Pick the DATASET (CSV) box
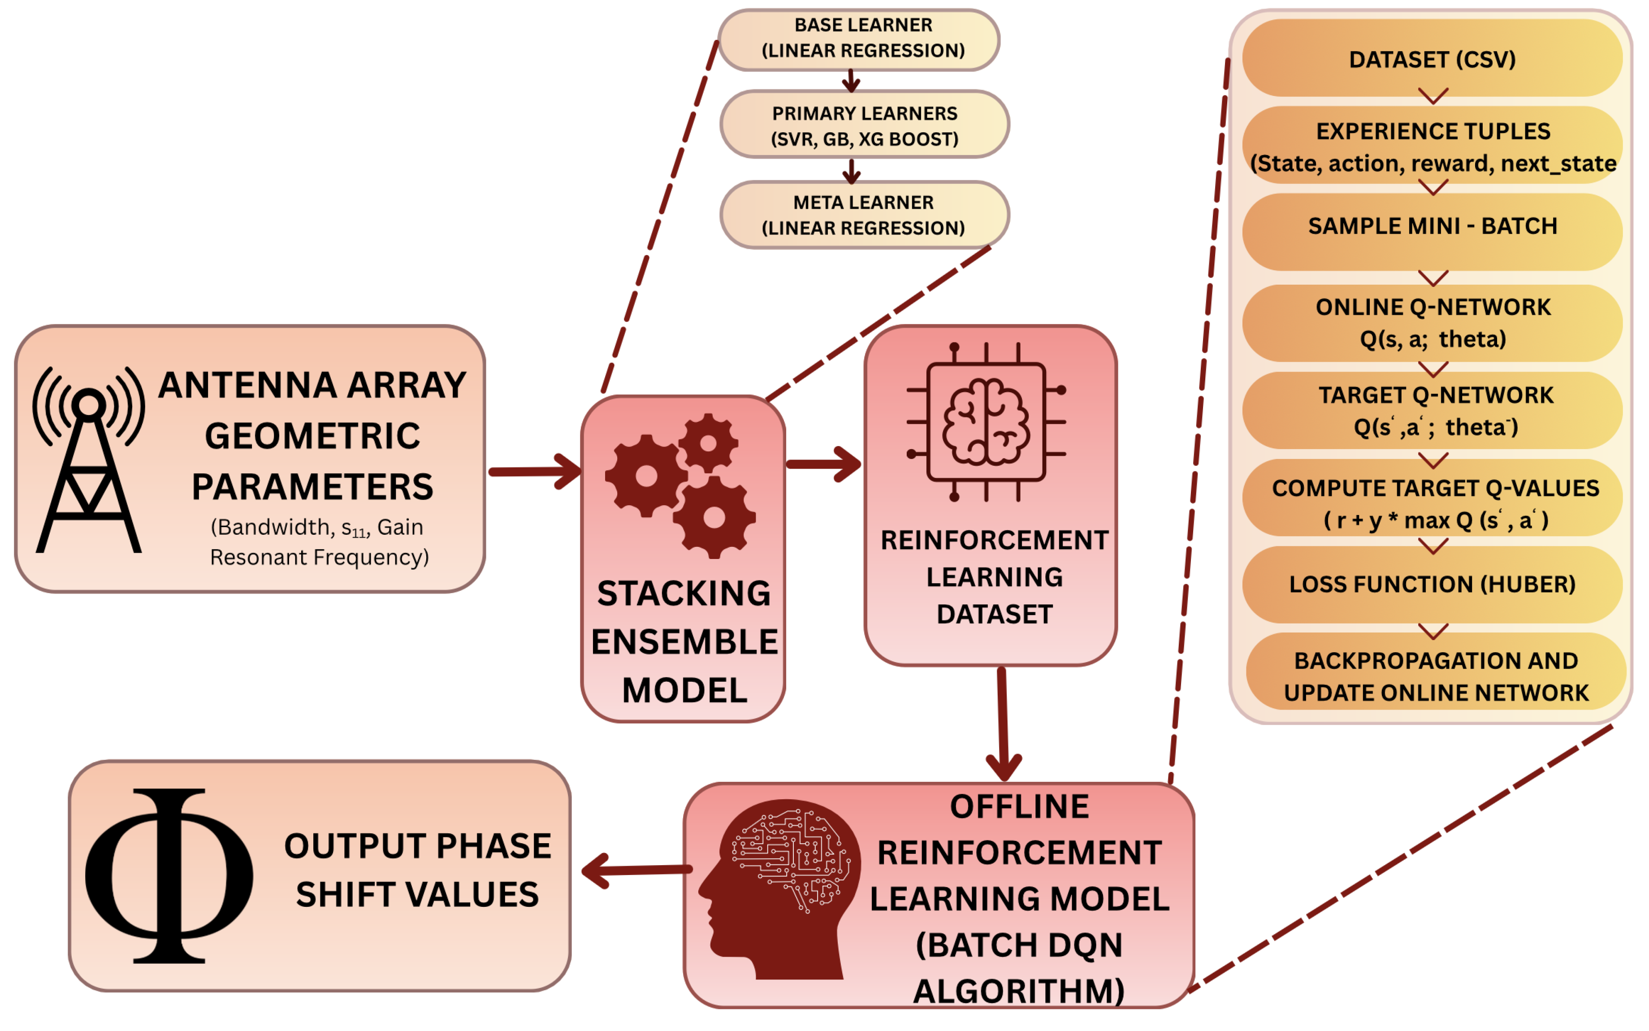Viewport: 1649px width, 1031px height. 1432,59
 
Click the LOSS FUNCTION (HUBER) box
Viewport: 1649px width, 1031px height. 1432,585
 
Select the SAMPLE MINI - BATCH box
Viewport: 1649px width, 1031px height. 1432,226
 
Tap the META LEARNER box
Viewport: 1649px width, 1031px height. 864,215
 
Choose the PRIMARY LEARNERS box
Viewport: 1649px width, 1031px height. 864,126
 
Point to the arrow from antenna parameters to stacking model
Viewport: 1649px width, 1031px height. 535,472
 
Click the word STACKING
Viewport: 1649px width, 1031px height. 684,593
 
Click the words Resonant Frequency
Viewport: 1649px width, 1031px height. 319,558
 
